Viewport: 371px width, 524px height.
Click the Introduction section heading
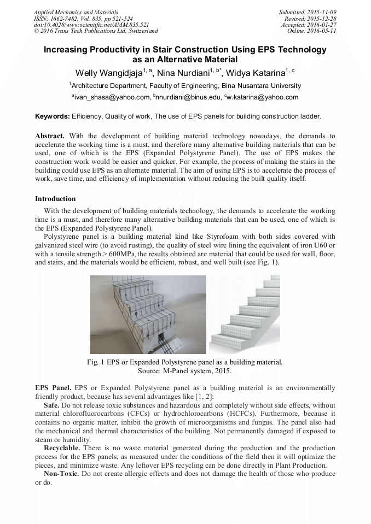[55, 198]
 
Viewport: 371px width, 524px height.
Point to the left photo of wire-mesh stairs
[148, 314]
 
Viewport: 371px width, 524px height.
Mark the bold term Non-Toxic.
[61, 473]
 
